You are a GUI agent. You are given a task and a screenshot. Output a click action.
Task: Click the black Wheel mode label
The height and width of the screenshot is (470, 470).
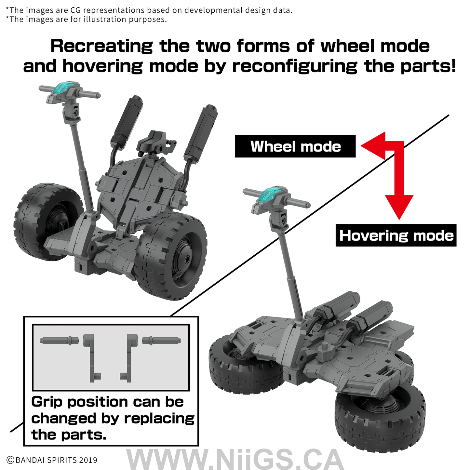pos(295,146)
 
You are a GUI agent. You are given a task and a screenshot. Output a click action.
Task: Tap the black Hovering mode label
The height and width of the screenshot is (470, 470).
pos(396,235)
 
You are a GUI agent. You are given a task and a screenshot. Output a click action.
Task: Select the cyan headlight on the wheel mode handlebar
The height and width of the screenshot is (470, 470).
pos(65,87)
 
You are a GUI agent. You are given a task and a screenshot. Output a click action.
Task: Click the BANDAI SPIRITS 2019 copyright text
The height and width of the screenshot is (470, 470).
pos(52,460)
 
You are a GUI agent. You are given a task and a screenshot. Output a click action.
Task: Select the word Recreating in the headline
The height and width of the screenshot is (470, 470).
pos(102,46)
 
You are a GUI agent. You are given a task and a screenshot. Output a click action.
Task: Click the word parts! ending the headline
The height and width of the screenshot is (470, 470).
pos(428,66)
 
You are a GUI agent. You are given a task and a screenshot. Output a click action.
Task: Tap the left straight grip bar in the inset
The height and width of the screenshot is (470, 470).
pos(59,341)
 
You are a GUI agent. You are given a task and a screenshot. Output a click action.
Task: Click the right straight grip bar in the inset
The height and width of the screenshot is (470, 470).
pos(161,340)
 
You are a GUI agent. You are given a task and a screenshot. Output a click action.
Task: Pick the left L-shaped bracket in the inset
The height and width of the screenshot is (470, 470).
pos(92,358)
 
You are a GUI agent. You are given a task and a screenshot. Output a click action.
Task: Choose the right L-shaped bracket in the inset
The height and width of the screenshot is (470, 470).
pos(129,358)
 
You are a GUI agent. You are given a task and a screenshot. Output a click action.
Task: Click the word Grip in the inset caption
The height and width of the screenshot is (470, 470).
pos(47,402)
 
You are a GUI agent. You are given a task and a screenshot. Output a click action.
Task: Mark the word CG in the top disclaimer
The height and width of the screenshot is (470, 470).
pos(75,10)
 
